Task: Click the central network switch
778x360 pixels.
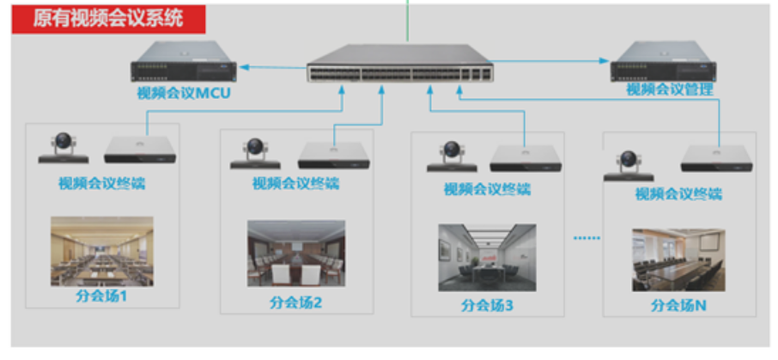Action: (399, 64)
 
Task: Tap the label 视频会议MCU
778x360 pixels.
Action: (185, 93)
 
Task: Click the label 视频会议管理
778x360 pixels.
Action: (670, 88)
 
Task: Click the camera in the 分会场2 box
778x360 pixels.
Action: (255, 153)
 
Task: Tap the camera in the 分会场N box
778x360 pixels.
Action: (630, 165)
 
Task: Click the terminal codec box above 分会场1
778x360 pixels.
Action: (140, 149)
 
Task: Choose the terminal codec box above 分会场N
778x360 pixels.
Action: (717, 157)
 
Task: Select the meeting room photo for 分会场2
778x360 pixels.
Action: (296, 253)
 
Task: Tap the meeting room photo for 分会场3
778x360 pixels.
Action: (487, 257)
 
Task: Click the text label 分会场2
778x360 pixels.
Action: (295, 302)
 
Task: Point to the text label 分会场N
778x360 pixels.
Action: (678, 305)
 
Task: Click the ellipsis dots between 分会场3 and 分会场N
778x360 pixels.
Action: (587, 238)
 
